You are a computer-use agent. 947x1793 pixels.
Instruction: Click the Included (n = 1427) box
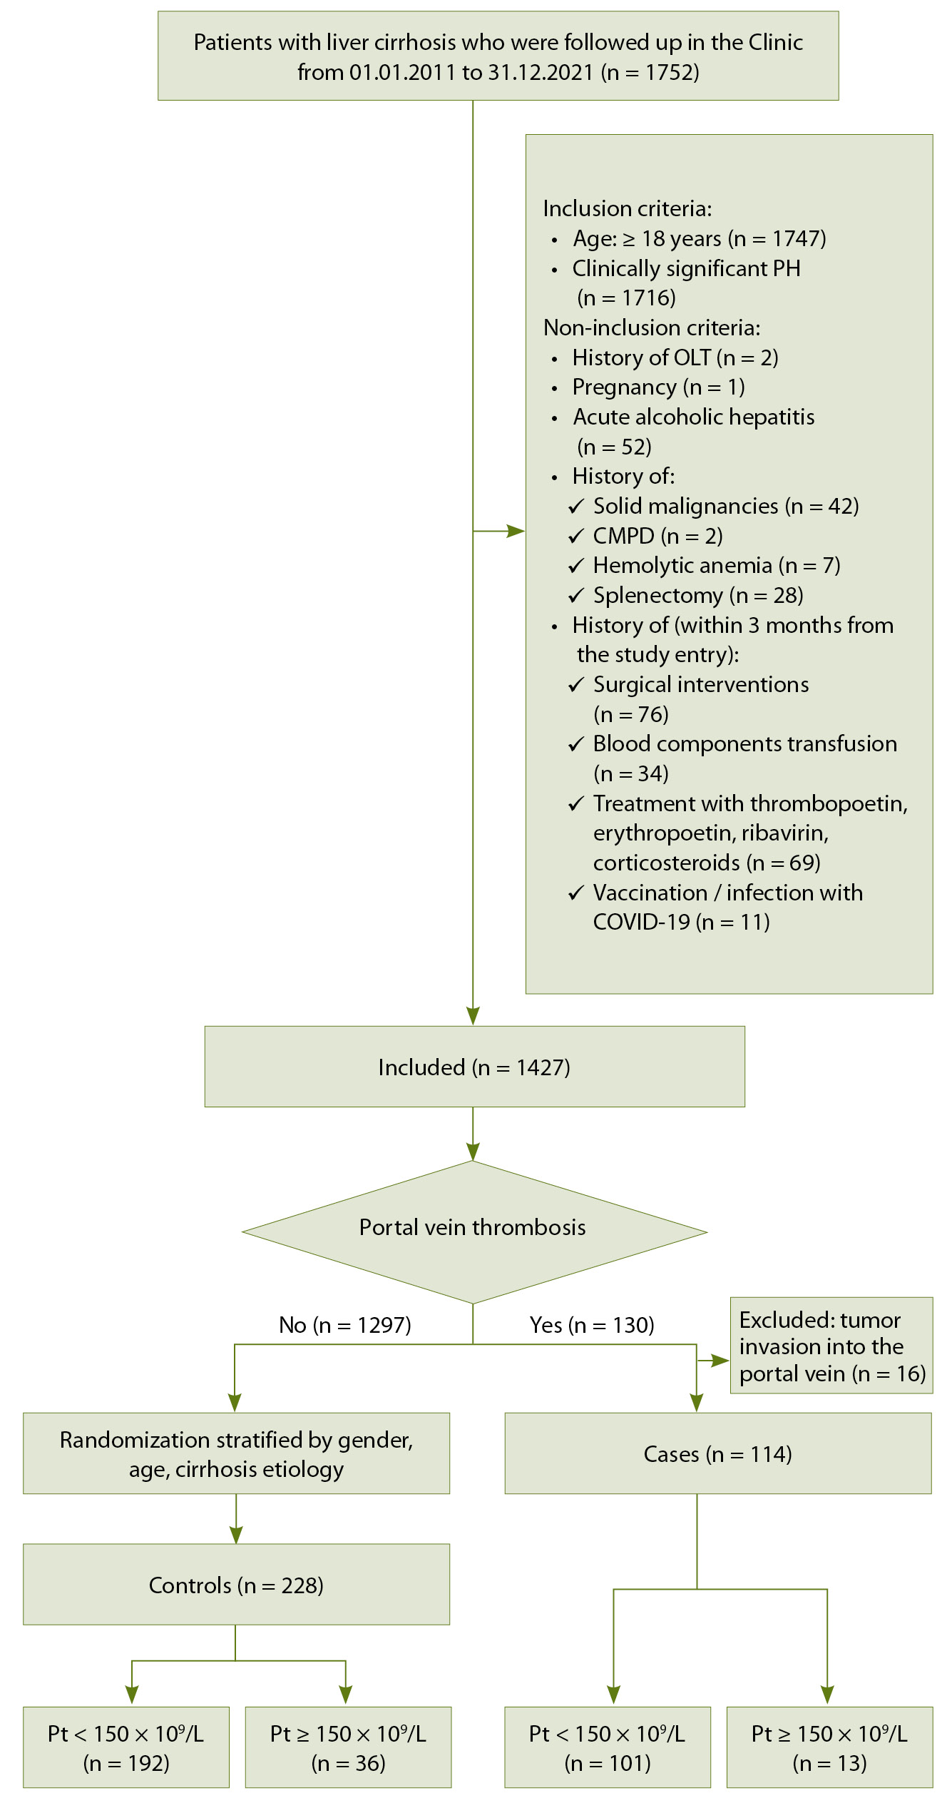[x=474, y=1067]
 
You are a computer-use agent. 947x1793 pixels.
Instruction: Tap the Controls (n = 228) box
[x=236, y=1585]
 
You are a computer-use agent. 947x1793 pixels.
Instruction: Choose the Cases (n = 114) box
[x=717, y=1454]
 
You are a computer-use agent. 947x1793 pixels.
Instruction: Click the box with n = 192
[x=126, y=1747]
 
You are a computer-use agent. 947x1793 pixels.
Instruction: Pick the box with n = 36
[x=348, y=1747]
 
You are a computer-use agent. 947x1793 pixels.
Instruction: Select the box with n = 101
[x=608, y=1747]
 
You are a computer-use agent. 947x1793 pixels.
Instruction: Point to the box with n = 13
[x=829, y=1747]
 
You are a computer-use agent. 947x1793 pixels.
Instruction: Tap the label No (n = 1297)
[x=345, y=1325]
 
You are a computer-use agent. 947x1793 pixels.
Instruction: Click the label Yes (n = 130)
[x=592, y=1325]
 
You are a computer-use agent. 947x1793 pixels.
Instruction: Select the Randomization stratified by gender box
[x=236, y=1454]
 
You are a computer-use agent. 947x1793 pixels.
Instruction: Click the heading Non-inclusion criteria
[x=652, y=327]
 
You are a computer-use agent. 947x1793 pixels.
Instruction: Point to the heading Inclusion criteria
[x=628, y=208]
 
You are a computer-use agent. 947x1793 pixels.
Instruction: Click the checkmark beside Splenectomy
[x=576, y=596]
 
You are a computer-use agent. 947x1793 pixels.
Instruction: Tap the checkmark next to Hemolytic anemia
[x=576, y=566]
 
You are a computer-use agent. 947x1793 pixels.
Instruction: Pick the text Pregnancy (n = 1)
[x=658, y=387]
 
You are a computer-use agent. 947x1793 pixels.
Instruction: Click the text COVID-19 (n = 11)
[x=681, y=923]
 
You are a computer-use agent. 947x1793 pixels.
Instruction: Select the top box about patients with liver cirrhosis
[x=498, y=56]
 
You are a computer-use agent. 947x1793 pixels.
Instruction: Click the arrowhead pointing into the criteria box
[x=516, y=531]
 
